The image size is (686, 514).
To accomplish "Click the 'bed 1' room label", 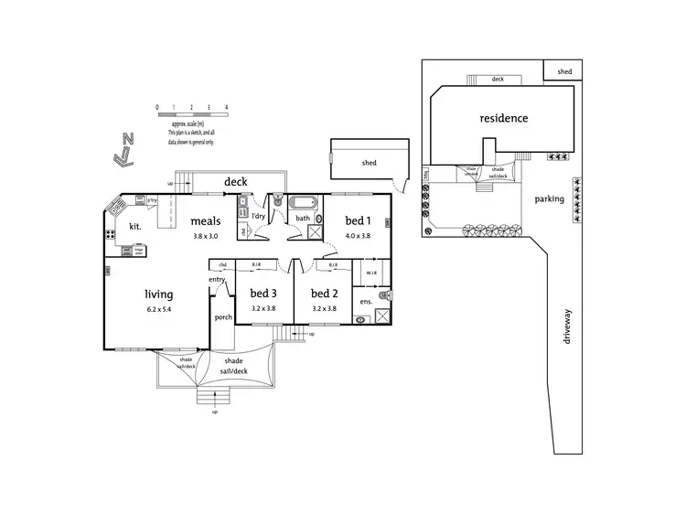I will click(x=358, y=220).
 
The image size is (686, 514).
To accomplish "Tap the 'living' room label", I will click(x=159, y=294).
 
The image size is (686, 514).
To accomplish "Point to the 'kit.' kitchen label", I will click(x=134, y=225).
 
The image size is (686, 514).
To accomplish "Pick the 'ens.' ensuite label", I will click(x=366, y=301).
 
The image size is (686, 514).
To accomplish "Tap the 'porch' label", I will click(x=223, y=317).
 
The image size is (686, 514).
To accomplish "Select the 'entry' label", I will click(x=217, y=279).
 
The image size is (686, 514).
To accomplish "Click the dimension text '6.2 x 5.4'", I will click(x=159, y=311).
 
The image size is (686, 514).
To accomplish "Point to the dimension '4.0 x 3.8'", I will click(x=358, y=236).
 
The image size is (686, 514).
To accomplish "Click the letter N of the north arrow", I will click(x=129, y=140).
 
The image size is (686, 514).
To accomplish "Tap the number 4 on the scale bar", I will click(x=226, y=107).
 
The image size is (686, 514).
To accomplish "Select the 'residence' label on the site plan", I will click(x=504, y=118).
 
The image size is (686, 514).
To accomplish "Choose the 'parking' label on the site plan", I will click(x=549, y=198).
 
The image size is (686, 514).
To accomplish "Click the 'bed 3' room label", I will click(x=263, y=294).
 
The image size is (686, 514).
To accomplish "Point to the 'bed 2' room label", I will click(x=325, y=294).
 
